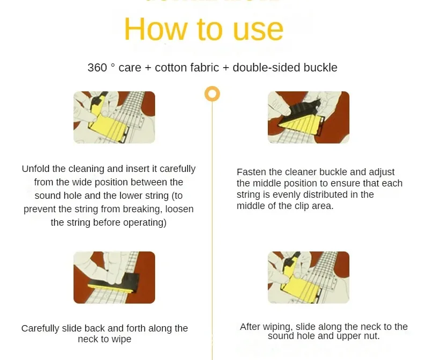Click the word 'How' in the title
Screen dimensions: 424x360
pos(156,29)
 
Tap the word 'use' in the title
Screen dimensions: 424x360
pos(258,32)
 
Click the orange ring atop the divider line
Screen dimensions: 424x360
pos(213,93)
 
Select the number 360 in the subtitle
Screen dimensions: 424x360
pos(97,68)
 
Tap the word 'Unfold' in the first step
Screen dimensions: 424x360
pos(36,169)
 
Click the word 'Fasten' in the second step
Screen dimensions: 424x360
pos(252,172)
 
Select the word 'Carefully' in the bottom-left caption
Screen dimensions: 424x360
pos(40,329)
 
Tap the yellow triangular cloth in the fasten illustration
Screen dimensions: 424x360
pos(300,125)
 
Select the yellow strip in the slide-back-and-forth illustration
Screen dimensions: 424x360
pos(111,287)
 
